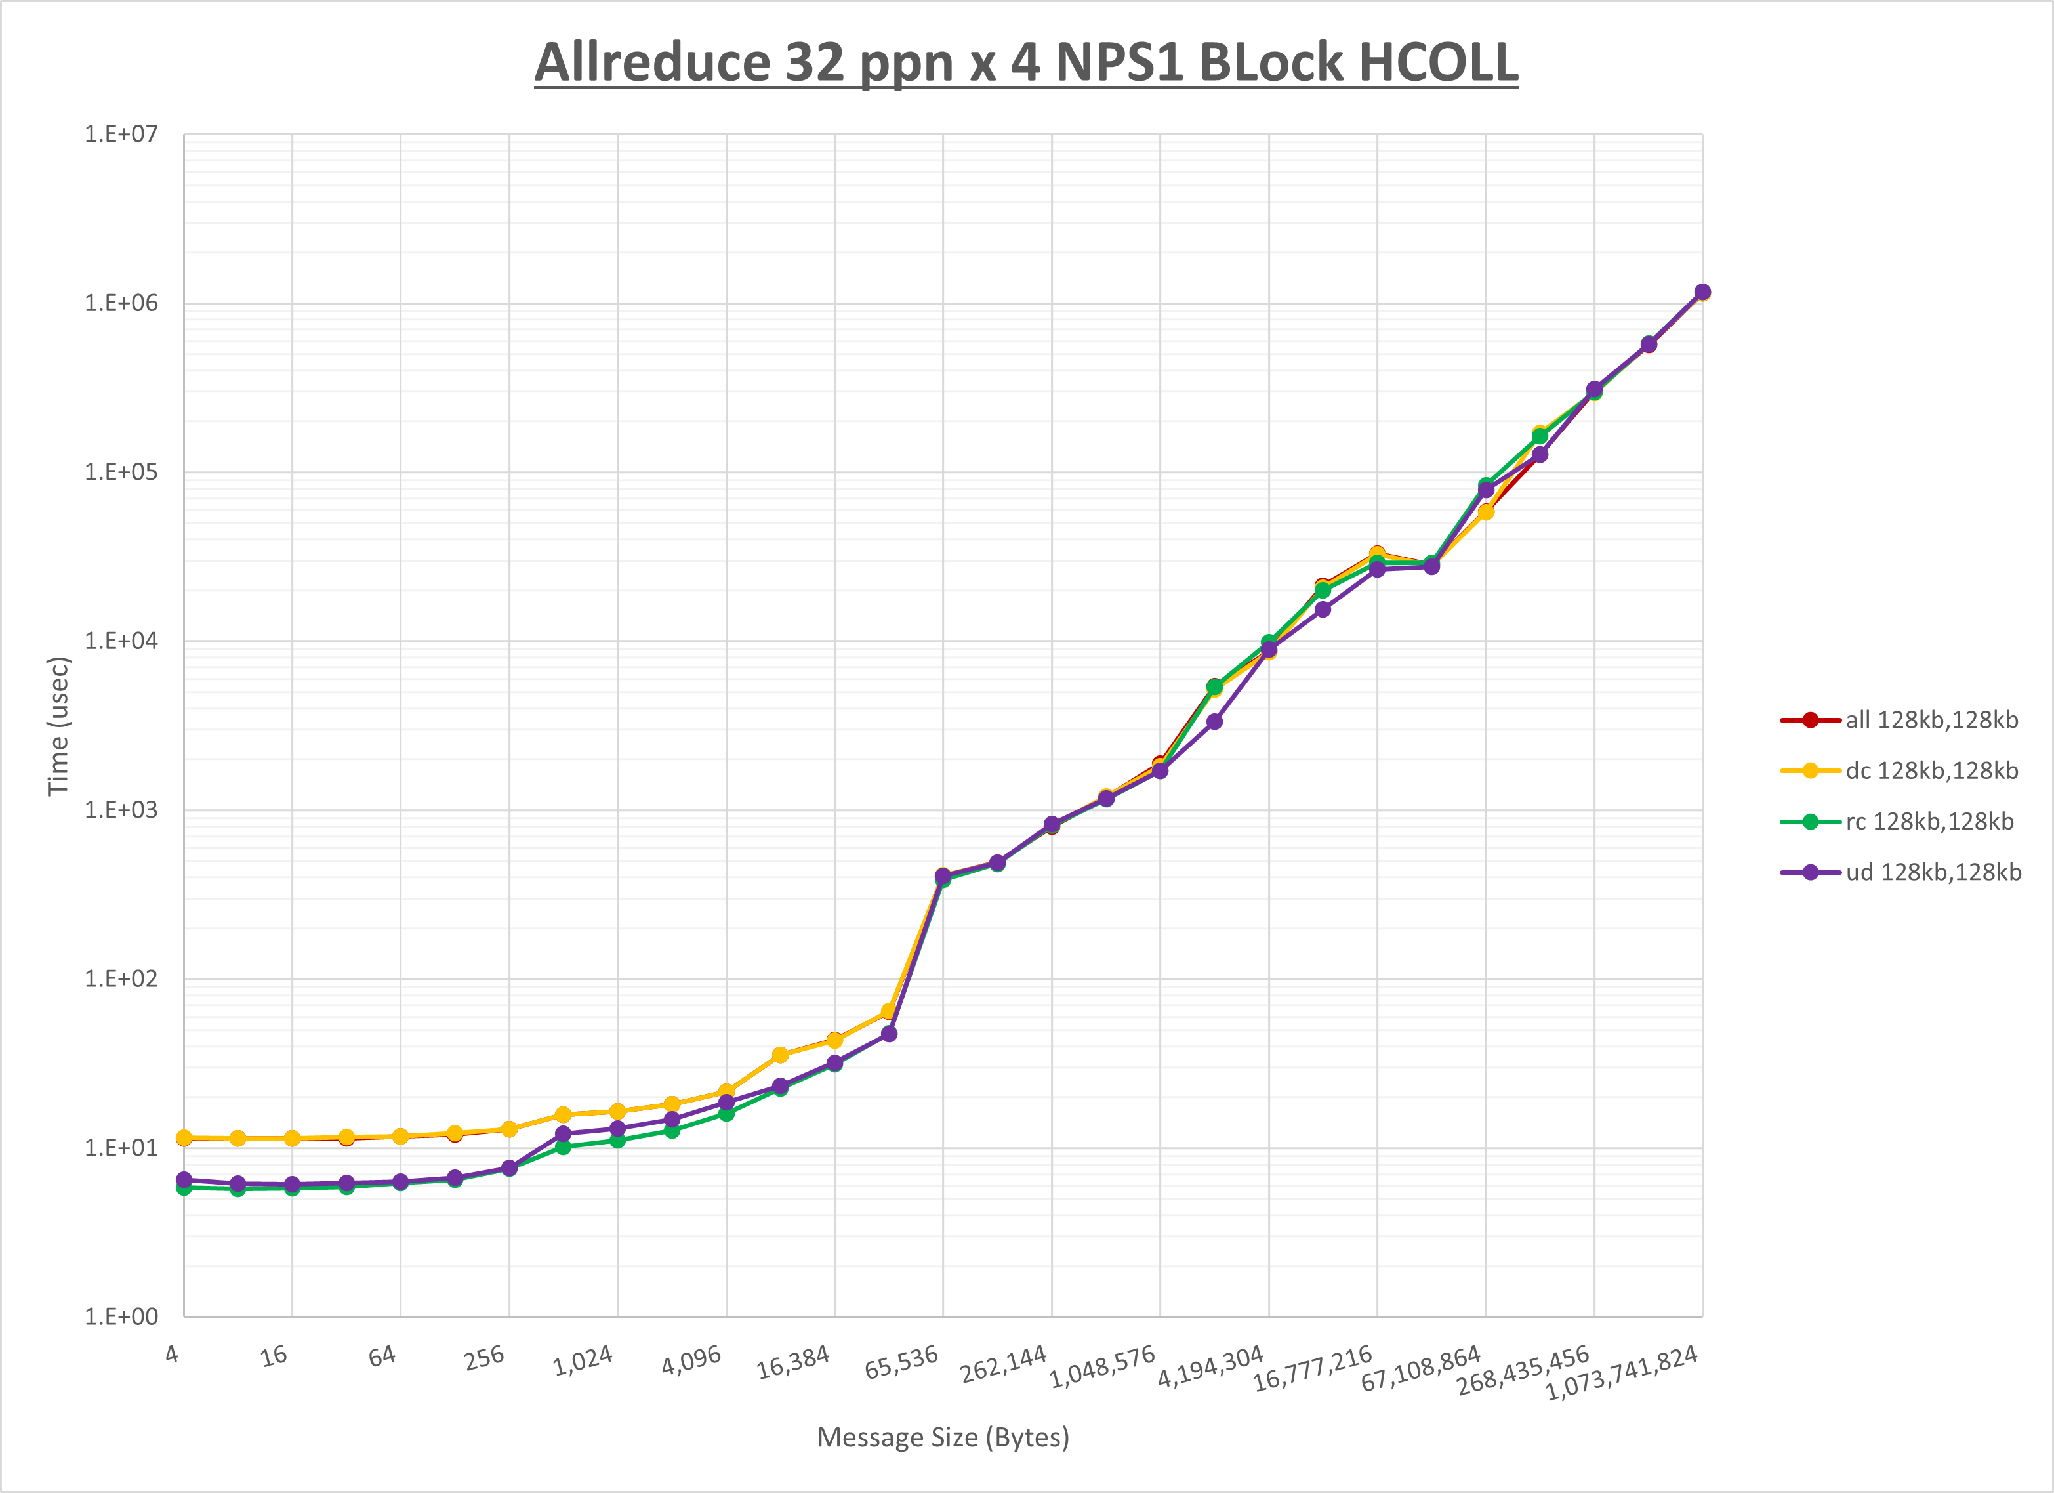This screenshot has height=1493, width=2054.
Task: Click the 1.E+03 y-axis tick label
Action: click(x=121, y=810)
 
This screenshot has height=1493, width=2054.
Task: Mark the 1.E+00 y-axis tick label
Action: click(x=121, y=1316)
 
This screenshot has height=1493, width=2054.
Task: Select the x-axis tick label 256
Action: click(x=485, y=1358)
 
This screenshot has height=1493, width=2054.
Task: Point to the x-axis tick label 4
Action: click(x=172, y=1355)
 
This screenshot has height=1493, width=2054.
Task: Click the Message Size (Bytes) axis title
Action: click(x=943, y=1438)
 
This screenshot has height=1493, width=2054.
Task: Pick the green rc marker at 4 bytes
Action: click(x=184, y=1188)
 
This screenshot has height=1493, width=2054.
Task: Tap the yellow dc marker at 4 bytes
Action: click(x=184, y=1138)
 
